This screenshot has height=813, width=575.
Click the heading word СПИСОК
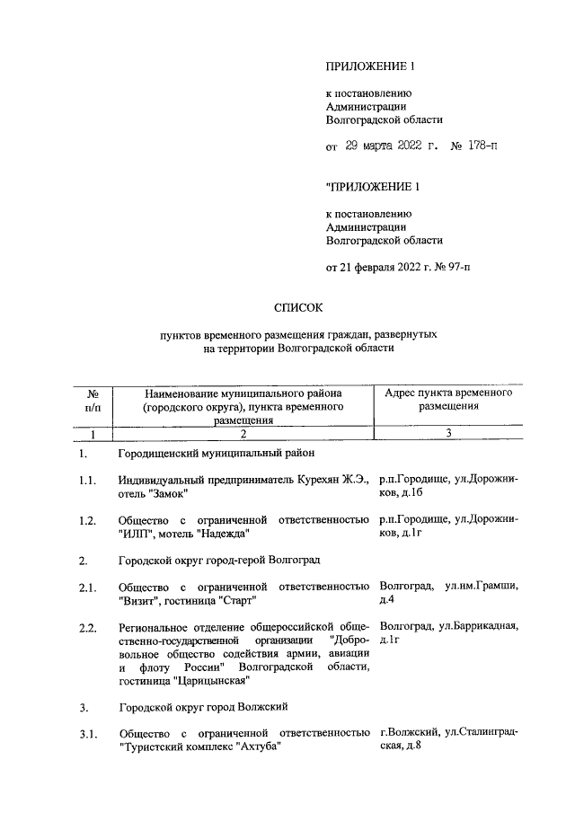coord(297,309)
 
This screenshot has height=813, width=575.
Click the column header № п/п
coord(93,400)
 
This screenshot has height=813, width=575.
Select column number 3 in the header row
coord(447,435)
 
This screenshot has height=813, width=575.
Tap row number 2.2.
coord(87,627)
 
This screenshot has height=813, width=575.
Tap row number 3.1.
coord(87,738)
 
